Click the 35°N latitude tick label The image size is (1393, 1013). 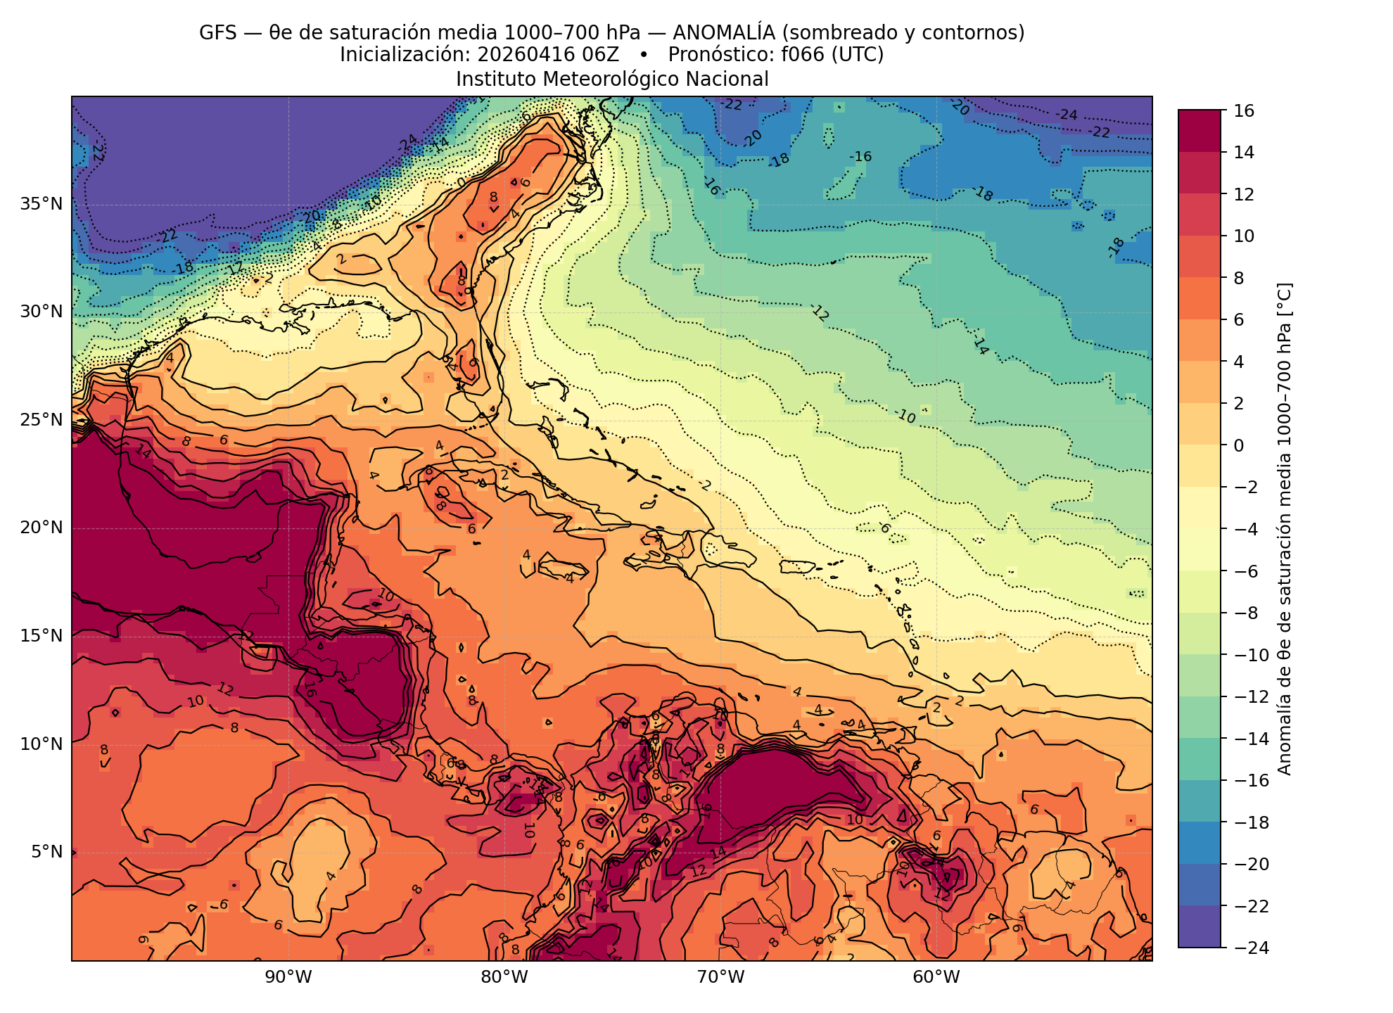coord(42,204)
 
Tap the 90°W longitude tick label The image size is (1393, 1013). coord(288,977)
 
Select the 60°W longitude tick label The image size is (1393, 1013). coord(936,977)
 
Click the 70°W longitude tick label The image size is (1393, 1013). coord(720,977)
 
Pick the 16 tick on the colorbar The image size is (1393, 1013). coord(1244,110)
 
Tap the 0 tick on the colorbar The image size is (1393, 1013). coord(1239,445)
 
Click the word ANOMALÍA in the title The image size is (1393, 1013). coord(724,32)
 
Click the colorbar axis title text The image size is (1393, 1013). coord(1284,529)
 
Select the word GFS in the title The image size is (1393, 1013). coord(219,32)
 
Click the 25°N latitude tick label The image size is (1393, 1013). coord(42,420)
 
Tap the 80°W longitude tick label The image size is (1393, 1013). coord(504,977)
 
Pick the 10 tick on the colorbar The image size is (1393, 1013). coord(1244,236)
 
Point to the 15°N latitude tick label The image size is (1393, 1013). coord(42,636)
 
